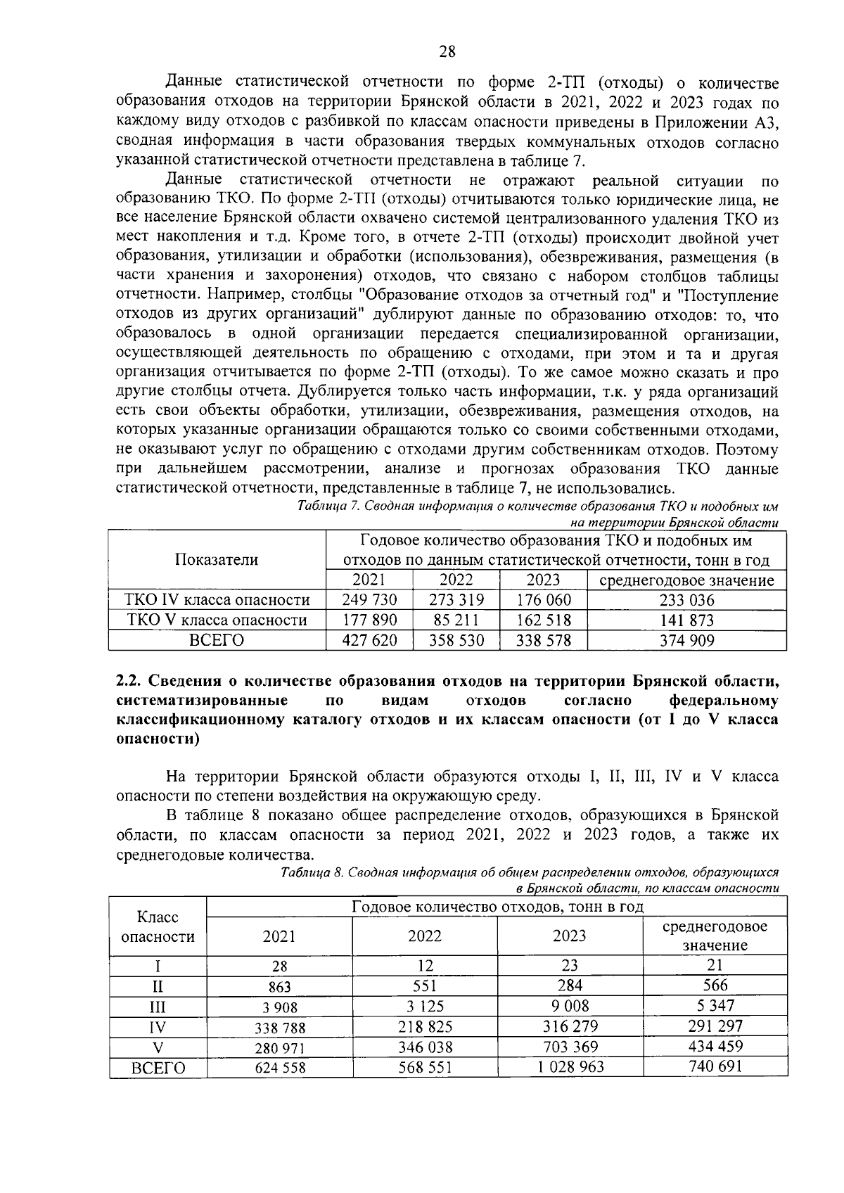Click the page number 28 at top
(447, 51)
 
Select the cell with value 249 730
(369, 600)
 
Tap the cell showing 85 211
(456, 620)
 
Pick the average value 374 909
(686, 640)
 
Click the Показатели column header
(217, 560)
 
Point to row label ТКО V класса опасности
(217, 620)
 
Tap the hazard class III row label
(158, 1007)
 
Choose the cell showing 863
(279, 987)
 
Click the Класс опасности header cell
(158, 926)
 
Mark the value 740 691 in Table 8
(715, 1066)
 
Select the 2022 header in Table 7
(456, 580)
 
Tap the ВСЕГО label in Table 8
(158, 1068)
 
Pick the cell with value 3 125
(425, 1007)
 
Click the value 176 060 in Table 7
(543, 600)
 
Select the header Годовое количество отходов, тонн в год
(497, 907)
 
